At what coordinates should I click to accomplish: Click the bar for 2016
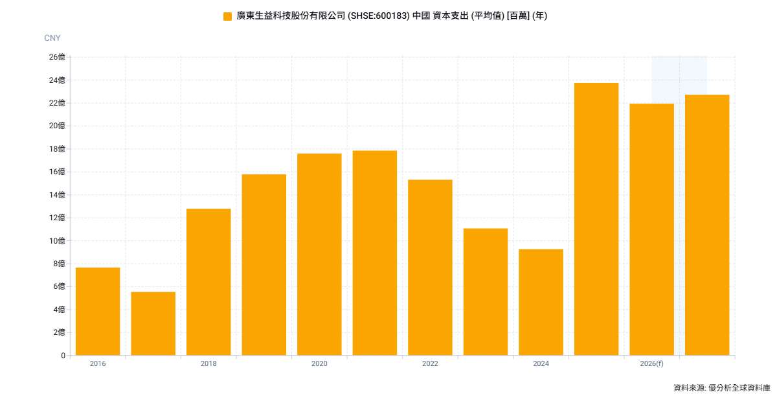(98, 312)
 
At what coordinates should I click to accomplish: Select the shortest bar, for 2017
(153, 323)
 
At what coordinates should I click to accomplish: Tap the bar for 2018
(208, 282)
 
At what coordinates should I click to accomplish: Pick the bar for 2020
(319, 255)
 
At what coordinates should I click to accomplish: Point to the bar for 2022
(430, 268)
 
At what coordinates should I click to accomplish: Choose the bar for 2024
(541, 302)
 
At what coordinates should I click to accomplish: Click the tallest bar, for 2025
(596, 219)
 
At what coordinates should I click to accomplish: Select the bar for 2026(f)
(652, 229)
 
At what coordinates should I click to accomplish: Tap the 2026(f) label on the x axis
(652, 363)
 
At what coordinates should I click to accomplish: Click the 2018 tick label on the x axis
(208, 363)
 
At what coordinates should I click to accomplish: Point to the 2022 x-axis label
(430, 363)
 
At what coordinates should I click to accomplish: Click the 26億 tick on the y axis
(57, 57)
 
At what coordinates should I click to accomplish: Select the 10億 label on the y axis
(57, 240)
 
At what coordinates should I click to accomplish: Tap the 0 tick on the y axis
(63, 356)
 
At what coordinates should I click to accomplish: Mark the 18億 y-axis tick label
(57, 149)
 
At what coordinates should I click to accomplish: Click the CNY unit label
(52, 38)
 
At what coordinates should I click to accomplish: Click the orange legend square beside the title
(227, 16)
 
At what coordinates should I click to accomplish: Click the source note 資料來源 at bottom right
(689, 388)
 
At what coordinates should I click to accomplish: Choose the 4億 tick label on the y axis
(59, 310)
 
